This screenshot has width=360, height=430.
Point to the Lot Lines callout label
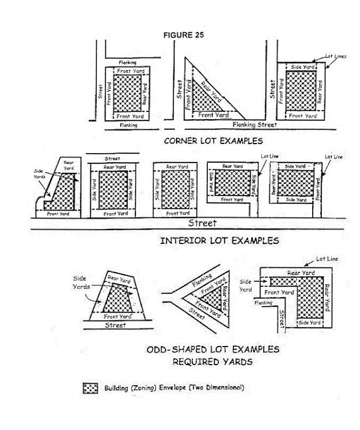[x=339, y=55]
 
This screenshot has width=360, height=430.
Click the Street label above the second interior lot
[x=112, y=158]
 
